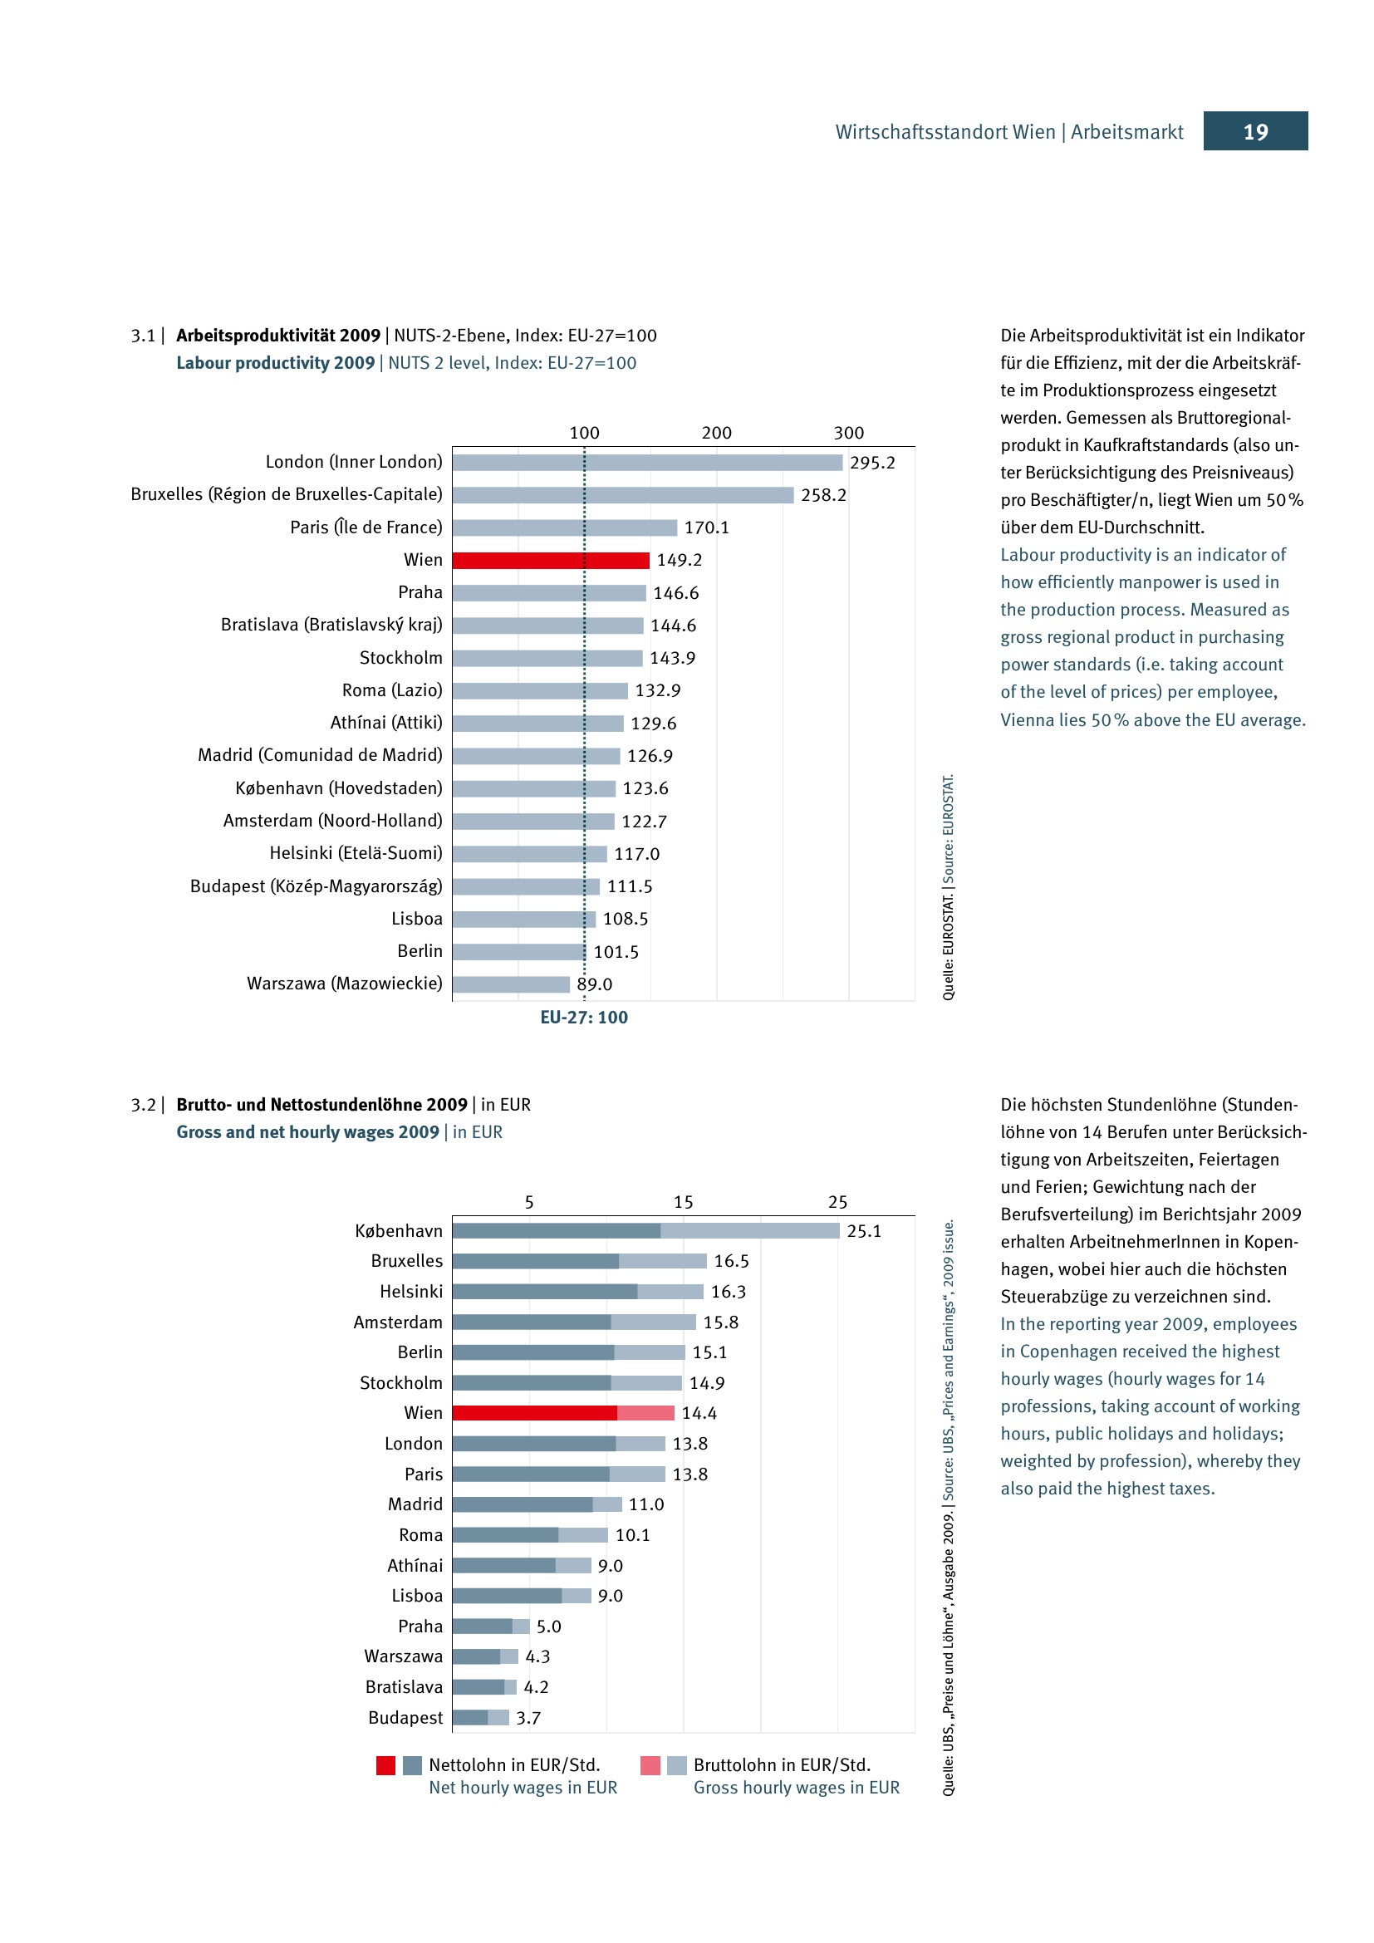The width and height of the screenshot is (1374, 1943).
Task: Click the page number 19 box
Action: [x=1254, y=131]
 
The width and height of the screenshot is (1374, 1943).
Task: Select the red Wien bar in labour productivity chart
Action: [x=550, y=560]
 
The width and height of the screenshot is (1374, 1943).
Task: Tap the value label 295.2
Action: [x=871, y=463]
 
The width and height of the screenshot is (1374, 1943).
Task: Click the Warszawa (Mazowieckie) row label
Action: [x=345, y=984]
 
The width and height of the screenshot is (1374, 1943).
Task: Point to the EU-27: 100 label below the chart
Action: [x=584, y=1018]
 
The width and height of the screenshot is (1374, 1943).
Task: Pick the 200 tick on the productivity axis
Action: [x=716, y=433]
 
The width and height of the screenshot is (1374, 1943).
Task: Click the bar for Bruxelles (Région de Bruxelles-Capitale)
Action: [x=622, y=495]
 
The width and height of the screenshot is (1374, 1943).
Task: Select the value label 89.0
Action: [x=594, y=984]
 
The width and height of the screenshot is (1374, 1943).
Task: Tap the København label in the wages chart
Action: [x=399, y=1230]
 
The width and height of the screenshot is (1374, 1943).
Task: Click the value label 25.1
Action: [x=864, y=1231]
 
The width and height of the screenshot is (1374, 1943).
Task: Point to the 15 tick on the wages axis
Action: [x=683, y=1202]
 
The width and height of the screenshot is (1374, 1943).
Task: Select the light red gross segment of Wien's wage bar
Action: [x=645, y=1412]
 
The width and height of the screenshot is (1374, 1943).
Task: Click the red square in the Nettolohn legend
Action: [x=385, y=1765]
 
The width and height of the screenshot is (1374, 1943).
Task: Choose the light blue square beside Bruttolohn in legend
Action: [x=676, y=1765]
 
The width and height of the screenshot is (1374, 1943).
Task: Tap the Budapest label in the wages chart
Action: [x=405, y=1717]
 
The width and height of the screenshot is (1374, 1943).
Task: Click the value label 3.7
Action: [x=528, y=1718]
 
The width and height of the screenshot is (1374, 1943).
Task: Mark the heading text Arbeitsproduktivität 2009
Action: [x=278, y=335]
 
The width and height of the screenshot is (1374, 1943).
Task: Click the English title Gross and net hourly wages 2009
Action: [x=307, y=1131]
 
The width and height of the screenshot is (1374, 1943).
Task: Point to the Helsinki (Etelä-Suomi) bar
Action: [x=529, y=854]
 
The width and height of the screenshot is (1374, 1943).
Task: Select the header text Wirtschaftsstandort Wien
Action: [x=945, y=132]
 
